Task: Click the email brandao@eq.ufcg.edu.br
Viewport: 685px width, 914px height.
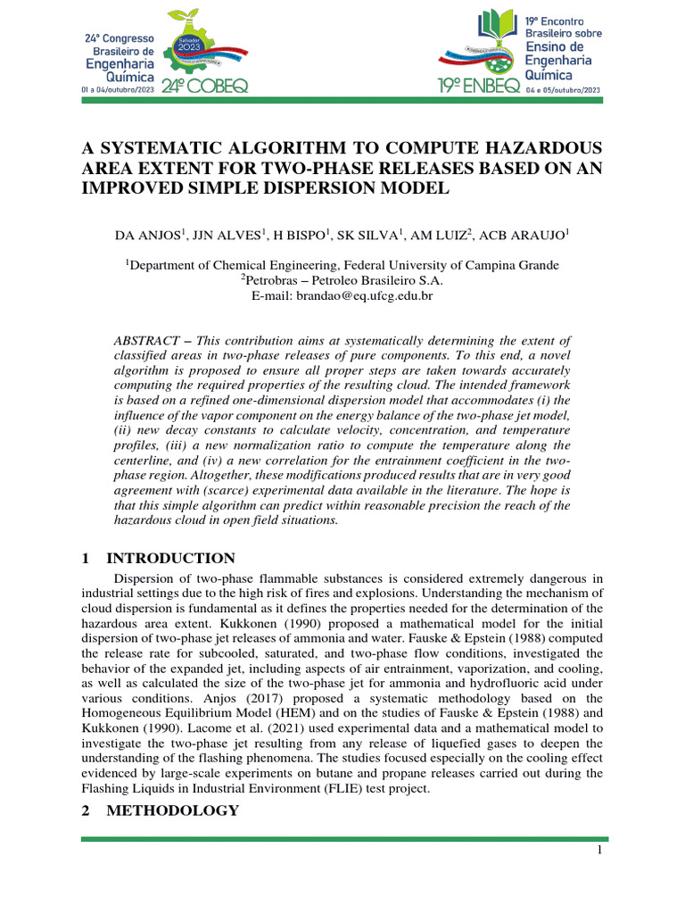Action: tap(342, 295)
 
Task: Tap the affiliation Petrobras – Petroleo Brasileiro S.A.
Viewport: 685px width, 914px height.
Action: tap(342, 280)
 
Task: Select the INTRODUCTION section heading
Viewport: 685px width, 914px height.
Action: tap(170, 559)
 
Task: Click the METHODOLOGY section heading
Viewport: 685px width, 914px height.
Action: tap(172, 810)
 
